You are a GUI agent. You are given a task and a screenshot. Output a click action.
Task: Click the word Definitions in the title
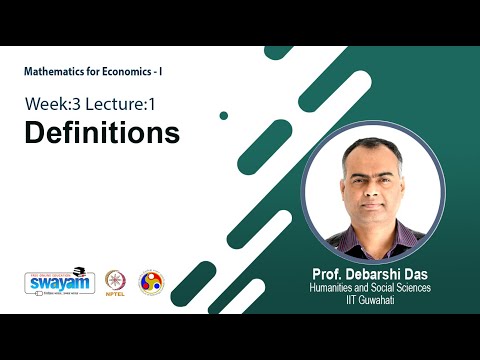[x=102, y=133]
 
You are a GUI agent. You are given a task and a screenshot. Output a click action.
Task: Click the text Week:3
[x=56, y=104]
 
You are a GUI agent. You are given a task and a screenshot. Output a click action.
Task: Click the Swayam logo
[x=59, y=283]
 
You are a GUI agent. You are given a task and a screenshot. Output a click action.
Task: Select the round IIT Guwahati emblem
[x=151, y=282]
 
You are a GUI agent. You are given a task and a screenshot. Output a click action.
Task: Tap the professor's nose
[x=373, y=188]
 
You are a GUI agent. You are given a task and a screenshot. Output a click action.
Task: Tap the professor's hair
[x=372, y=146]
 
